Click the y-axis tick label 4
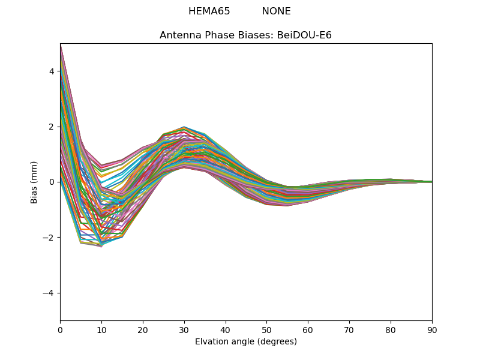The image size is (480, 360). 52,71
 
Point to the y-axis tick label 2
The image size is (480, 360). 52,127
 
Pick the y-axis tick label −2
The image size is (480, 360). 49,238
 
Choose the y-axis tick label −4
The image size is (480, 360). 49,293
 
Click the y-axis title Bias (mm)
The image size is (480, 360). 34,182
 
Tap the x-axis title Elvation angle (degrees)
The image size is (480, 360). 246,342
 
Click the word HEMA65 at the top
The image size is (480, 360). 209,11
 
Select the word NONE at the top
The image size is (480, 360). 276,11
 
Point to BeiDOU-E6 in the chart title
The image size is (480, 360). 304,35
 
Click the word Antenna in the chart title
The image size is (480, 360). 178,35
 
